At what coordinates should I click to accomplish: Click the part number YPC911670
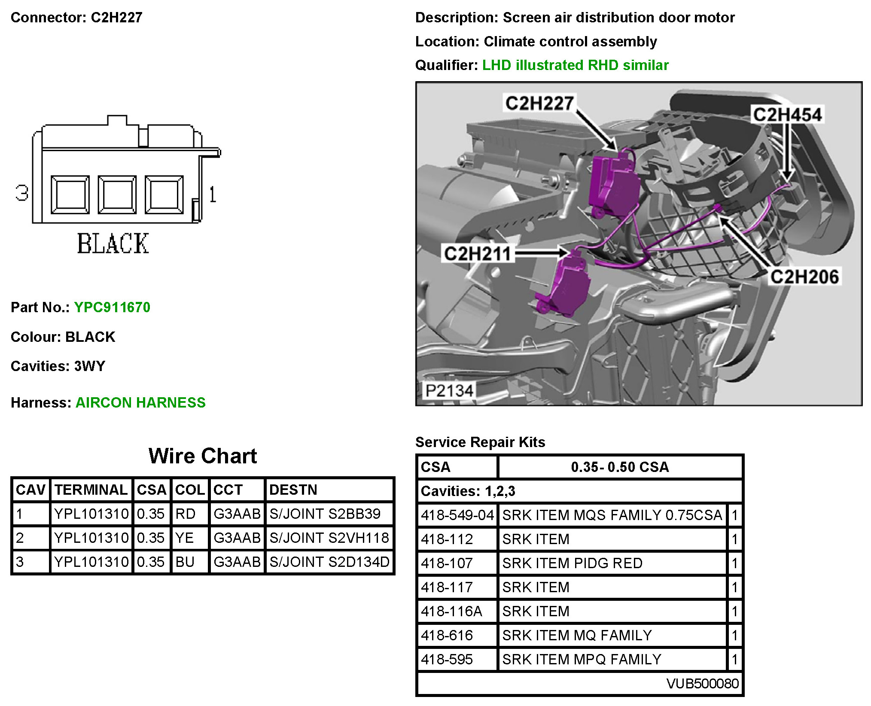[112, 307]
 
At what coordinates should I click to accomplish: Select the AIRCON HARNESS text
[140, 402]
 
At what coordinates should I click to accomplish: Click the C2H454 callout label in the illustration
[787, 115]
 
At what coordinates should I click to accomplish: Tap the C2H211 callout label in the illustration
[478, 253]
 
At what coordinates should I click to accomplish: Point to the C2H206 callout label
[804, 277]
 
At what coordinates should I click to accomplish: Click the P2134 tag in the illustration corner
[449, 391]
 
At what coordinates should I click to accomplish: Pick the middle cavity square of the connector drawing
[117, 195]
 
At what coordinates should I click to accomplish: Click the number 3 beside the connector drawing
[22, 193]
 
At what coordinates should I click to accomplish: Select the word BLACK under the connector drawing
[113, 243]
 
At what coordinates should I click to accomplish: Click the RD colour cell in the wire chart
[186, 514]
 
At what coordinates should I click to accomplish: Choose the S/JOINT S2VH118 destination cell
[329, 538]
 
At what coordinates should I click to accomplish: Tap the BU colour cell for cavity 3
[185, 562]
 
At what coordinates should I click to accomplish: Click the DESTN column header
[293, 490]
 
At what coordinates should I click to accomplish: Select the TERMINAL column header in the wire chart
[91, 490]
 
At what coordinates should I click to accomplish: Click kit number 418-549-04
[457, 515]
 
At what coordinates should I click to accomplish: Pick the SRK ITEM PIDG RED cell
[573, 563]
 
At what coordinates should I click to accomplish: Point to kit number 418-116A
[451, 611]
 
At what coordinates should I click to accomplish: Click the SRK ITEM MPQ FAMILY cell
[582, 659]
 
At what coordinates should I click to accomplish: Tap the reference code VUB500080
[703, 683]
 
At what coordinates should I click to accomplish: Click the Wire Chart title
[203, 456]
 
